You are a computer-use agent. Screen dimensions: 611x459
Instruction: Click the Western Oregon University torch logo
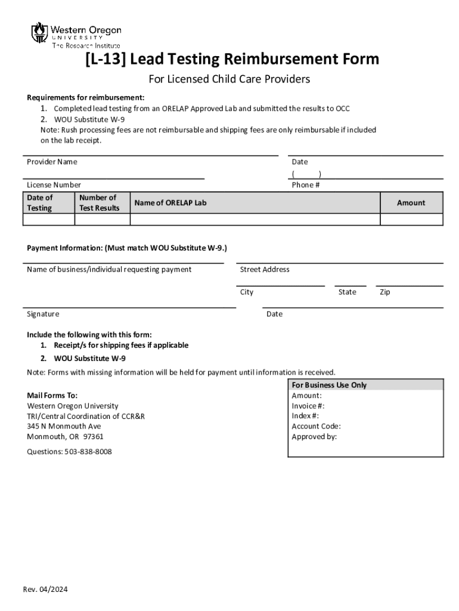39,32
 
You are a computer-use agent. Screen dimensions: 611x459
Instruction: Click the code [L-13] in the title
106,60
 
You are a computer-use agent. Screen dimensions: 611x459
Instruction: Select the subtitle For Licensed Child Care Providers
229,79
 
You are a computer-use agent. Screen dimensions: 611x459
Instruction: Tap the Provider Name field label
52,162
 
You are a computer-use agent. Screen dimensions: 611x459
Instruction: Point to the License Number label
54,185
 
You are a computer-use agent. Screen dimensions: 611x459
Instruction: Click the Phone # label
306,185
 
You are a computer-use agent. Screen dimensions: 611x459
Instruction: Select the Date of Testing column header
39,202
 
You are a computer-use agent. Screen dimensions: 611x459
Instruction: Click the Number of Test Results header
99,202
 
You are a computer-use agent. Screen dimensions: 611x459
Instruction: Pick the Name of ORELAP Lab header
170,203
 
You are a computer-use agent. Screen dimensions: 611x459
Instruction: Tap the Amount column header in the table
411,203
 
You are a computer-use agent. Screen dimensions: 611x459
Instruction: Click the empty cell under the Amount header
411,220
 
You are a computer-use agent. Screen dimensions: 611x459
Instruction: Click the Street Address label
265,270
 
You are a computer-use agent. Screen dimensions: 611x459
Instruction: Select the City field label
247,292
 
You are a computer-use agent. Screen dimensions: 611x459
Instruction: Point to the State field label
347,292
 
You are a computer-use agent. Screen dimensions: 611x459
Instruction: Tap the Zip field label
385,292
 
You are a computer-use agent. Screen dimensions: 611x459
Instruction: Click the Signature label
43,314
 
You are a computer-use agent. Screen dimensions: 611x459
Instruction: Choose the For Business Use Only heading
329,385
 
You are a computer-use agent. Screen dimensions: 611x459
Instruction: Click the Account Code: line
316,426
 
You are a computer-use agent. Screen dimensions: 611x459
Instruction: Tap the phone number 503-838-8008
88,452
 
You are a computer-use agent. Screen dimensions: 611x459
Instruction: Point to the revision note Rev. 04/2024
45,590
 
